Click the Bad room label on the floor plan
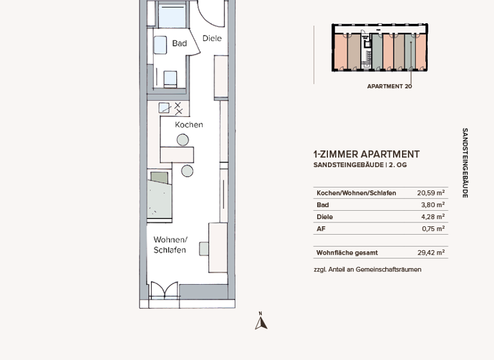179,43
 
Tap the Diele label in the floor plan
212,39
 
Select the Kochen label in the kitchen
189,125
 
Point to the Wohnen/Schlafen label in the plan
170,245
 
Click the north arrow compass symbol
261,321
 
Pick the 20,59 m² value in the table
430,193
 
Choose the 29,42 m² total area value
430,253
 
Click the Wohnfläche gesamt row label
347,253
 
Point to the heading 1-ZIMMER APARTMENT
366,154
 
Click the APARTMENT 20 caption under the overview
389,86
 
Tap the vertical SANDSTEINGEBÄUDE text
465,163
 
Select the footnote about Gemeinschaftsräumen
367,269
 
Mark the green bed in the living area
161,196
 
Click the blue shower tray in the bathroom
172,17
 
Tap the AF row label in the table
321,229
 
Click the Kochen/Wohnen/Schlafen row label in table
356,193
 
